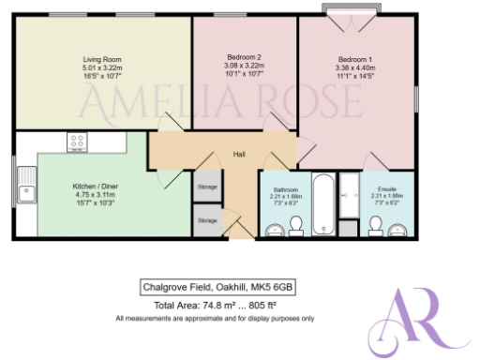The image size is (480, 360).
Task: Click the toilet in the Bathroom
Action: tap(295, 224)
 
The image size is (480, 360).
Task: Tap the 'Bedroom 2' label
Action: tap(243, 58)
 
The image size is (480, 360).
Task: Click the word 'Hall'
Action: tap(239, 155)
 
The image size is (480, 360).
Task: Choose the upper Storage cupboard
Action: tap(207, 187)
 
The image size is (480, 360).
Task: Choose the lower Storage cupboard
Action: tap(207, 220)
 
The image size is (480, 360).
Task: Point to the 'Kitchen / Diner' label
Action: tap(92, 186)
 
